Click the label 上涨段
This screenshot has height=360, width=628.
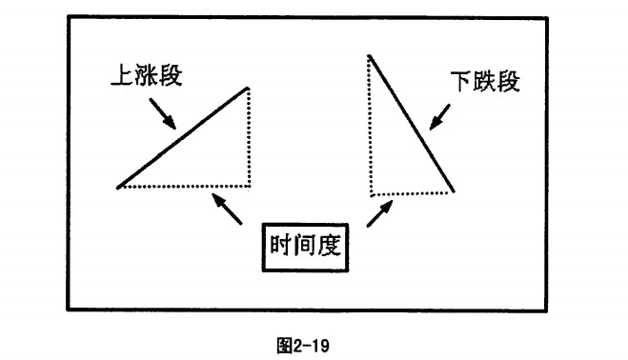click(147, 74)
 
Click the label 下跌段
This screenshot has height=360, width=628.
click(485, 81)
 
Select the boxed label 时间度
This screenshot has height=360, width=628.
click(305, 248)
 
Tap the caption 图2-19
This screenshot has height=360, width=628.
click(303, 345)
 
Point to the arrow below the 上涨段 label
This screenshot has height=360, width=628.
click(163, 113)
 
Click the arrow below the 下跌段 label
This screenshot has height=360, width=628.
click(439, 117)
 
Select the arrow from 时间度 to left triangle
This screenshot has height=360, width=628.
click(227, 209)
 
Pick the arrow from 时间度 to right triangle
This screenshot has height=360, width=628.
click(379, 213)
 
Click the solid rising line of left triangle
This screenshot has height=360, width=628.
click(183, 138)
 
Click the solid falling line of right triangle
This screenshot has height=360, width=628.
click(411, 124)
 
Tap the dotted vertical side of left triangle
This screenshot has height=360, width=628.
click(249, 137)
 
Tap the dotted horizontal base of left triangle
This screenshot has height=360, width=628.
click(185, 187)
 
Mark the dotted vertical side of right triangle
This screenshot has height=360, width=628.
click(371, 126)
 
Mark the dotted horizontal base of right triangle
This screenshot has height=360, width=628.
click(411, 194)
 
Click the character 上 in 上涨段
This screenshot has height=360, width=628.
click(121, 75)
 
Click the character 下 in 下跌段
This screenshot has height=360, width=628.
click(460, 82)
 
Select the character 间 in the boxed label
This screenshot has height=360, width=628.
click(305, 246)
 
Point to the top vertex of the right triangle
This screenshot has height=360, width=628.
click(369, 55)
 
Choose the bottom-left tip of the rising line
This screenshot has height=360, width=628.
click(118, 188)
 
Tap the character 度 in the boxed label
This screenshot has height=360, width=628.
click(330, 246)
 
